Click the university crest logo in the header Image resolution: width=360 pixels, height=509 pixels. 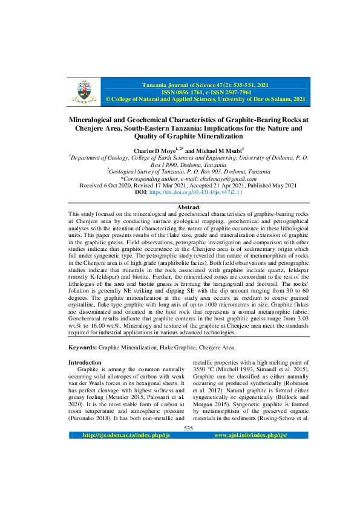pyautogui.click(x=83, y=91)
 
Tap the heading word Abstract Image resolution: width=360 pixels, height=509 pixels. pyautogui.click(x=188, y=207)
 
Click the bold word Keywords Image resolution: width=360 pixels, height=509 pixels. pyautogui.click(x=82, y=348)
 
